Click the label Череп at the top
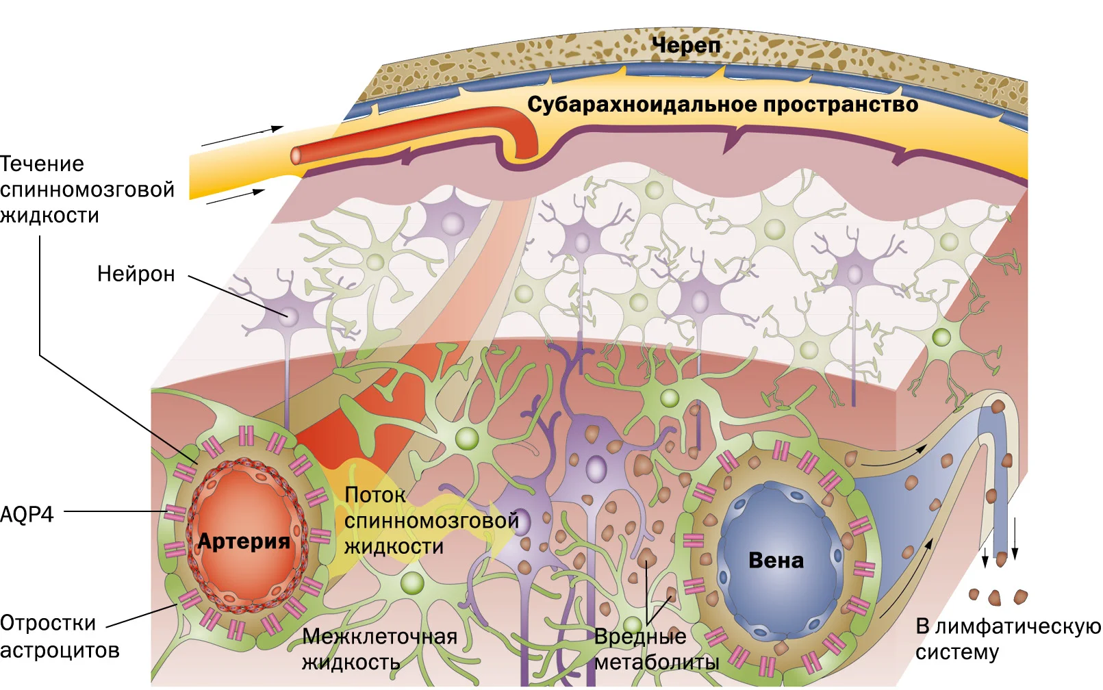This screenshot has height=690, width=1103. click(x=686, y=46)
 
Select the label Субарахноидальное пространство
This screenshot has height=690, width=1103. click(x=723, y=105)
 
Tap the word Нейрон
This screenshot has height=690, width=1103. click(x=136, y=274)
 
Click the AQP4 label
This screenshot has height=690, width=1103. click(x=27, y=514)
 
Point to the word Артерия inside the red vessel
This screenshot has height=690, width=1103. click(x=244, y=541)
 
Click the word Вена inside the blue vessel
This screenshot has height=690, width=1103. click(x=776, y=560)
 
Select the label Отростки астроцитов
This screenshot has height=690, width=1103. click(x=60, y=637)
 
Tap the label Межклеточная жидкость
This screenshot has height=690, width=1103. click(x=379, y=649)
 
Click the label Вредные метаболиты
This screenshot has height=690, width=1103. click(x=657, y=649)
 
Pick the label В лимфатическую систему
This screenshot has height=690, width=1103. click(x=1008, y=639)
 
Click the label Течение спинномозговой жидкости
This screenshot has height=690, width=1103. click(x=87, y=190)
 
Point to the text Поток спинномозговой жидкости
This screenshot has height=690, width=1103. click(x=431, y=520)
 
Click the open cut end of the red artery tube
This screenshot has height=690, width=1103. click(x=296, y=155)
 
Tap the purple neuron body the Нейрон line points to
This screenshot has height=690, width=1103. click(x=289, y=315)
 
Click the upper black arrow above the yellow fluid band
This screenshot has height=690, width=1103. click(x=242, y=136)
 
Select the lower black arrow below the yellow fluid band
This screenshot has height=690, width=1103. click(x=236, y=196)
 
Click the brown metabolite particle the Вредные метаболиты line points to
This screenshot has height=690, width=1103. click(x=646, y=556)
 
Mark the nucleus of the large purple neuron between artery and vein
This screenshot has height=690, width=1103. click(x=596, y=468)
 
